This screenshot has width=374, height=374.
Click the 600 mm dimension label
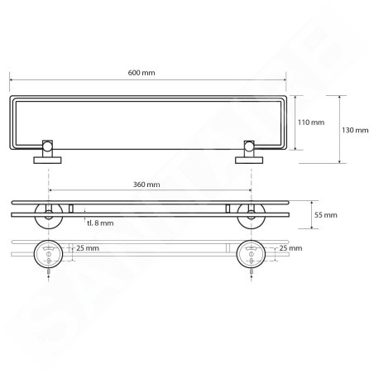(141, 73)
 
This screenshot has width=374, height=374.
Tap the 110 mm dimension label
(311, 122)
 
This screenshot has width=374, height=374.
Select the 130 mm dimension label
(355, 130)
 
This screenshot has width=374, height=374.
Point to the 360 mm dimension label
(146, 185)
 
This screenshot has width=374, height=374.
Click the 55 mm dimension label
(326, 215)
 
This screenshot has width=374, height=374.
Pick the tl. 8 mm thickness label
(100, 223)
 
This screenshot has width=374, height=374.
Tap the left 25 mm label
(88, 248)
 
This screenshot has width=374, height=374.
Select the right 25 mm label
(290, 248)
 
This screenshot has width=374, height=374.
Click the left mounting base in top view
(47, 161)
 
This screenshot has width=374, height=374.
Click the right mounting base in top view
(249, 161)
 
